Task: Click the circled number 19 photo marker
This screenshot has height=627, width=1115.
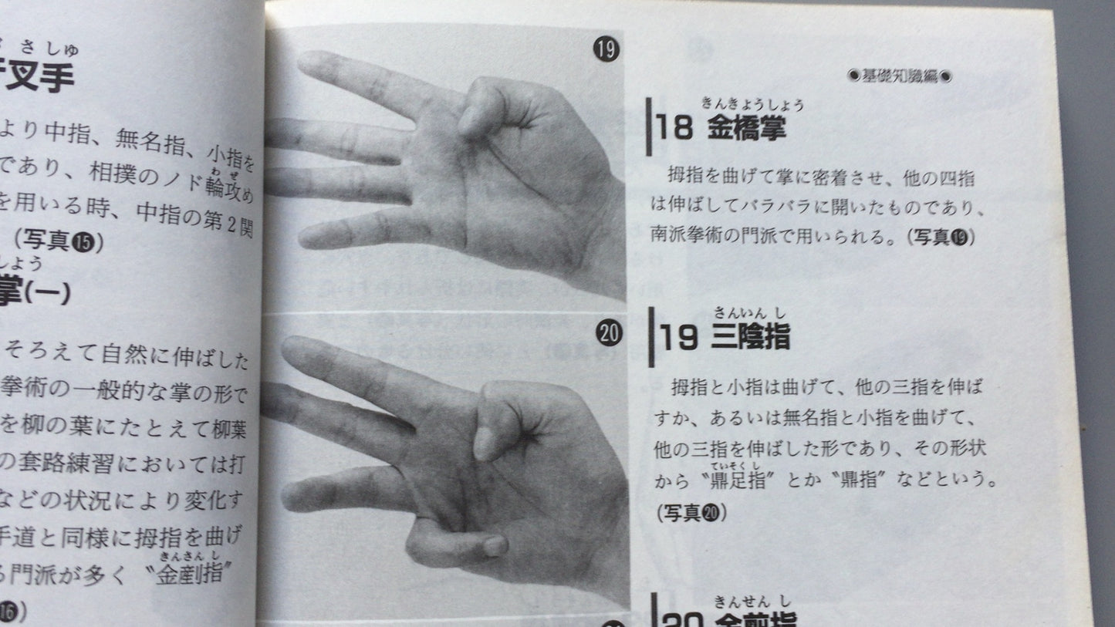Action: point(606,52)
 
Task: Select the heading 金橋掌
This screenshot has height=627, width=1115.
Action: point(746,128)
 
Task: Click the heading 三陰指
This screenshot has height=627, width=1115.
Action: point(751,338)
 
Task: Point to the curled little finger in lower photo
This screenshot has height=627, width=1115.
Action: point(455,544)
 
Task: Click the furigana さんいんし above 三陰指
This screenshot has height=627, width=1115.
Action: point(751,313)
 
